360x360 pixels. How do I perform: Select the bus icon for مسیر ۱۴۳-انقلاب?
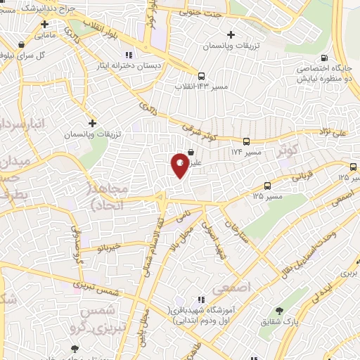tap(202, 76)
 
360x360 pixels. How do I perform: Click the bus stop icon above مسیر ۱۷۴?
tap(246, 141)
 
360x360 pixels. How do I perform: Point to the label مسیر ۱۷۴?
tap(245, 151)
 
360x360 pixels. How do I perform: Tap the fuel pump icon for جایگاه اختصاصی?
tap(324, 58)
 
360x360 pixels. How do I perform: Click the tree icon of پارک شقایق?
tap(280, 311)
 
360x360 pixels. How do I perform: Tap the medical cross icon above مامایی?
tap(44, 24)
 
